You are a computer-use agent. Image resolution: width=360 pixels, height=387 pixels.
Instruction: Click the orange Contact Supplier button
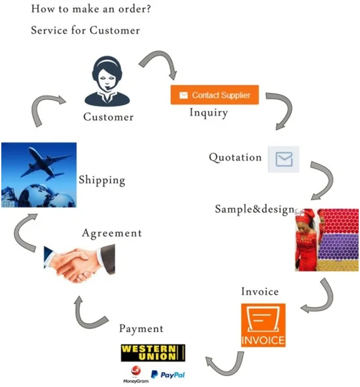215,95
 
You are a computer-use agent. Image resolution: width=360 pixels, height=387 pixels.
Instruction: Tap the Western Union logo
153,353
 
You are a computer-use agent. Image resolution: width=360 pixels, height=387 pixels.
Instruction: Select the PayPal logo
168,375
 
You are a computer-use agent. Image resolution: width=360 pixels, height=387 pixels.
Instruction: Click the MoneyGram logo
136,375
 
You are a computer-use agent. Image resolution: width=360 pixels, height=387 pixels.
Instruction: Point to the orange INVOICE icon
263,325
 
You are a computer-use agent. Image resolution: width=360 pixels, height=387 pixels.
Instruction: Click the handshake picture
79,263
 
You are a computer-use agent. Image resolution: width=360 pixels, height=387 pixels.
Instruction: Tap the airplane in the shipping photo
46,163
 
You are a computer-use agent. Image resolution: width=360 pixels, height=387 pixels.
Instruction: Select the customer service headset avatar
107,81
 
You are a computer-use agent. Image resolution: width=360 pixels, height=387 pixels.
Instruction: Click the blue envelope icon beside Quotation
283,160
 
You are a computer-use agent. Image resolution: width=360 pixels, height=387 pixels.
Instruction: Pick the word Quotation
235,158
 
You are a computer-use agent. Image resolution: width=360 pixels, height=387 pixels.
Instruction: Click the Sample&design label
255,210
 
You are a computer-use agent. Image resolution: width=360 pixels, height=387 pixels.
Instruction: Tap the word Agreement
112,233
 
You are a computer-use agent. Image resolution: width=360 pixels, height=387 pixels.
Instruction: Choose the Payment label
141,329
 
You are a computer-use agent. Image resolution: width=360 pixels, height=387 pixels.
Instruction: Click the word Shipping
102,180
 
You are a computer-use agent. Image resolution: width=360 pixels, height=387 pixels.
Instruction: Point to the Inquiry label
209,113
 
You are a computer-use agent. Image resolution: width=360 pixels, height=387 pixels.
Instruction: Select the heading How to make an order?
91,9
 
